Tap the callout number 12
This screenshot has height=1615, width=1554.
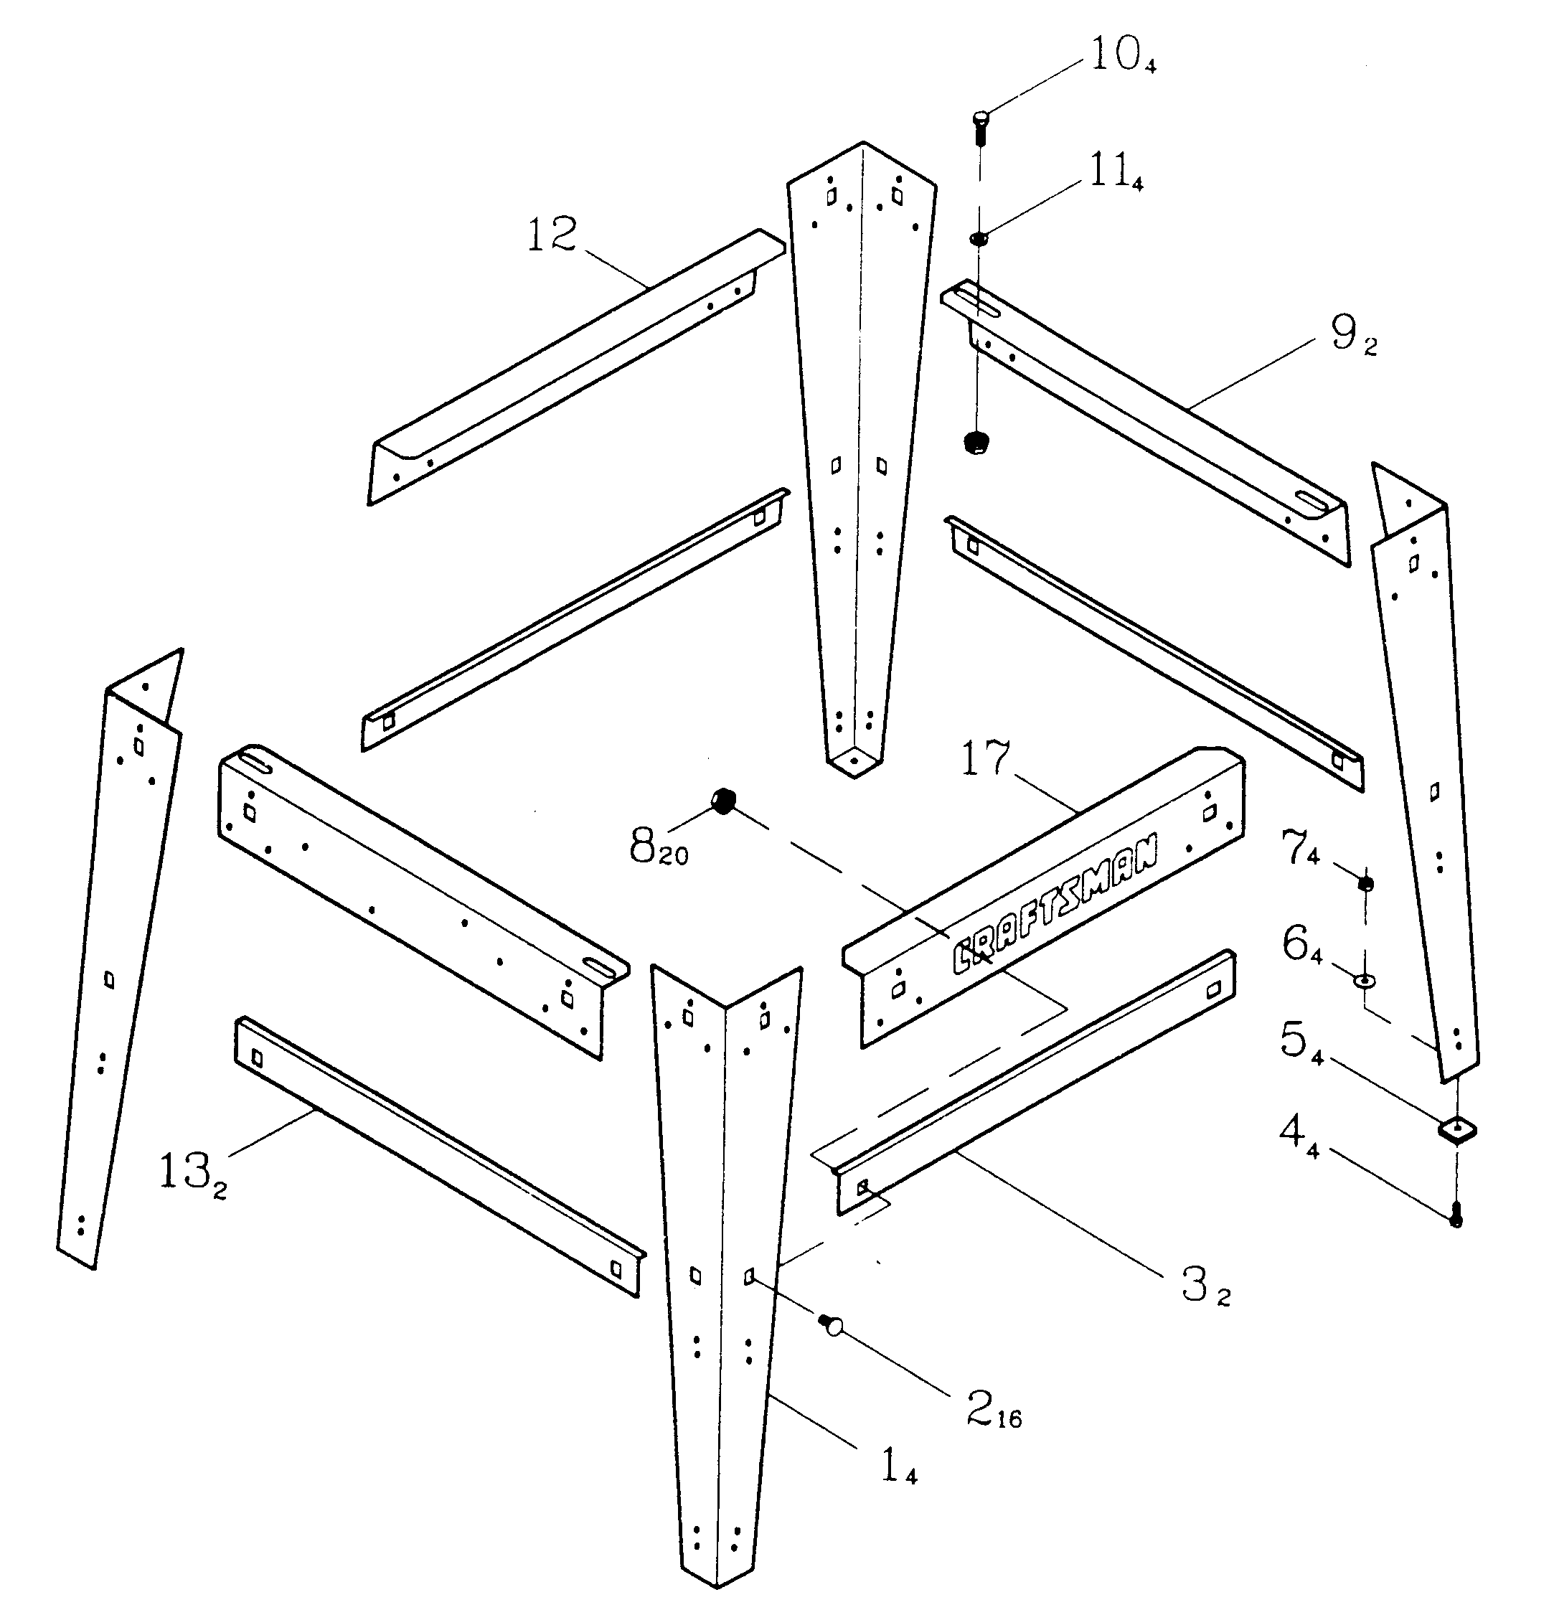tap(551, 235)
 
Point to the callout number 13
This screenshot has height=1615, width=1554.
tap(183, 1172)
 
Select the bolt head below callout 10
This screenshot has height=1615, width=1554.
tap(981, 121)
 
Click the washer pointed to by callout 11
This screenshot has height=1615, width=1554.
tap(978, 239)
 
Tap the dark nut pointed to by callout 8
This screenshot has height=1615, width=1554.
tap(722, 800)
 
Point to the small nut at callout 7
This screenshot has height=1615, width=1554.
tap(1365, 884)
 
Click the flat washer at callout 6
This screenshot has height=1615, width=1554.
tap(1365, 980)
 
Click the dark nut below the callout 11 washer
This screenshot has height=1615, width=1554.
tap(976, 443)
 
